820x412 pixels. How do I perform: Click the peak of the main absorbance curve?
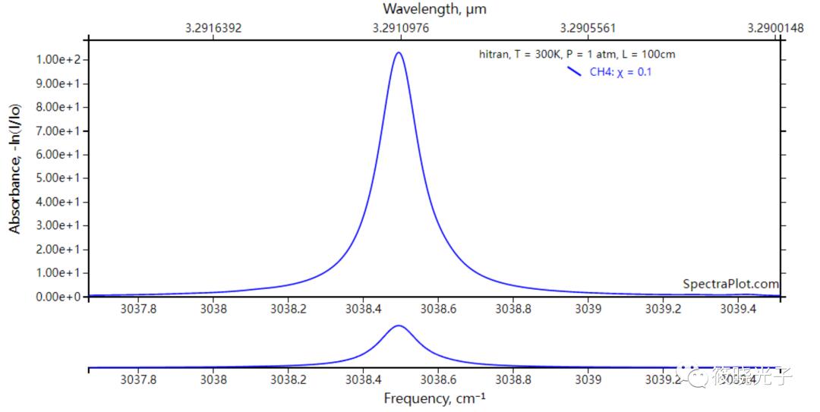click(x=398, y=52)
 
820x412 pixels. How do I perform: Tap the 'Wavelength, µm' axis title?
click(x=434, y=9)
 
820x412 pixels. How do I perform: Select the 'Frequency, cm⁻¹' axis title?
click(x=434, y=398)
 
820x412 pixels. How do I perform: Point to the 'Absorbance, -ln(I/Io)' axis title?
click(x=14, y=169)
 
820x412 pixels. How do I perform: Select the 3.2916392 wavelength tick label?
click(x=213, y=28)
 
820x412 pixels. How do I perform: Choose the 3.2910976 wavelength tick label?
click(x=401, y=28)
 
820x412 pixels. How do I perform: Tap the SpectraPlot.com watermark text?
click(x=730, y=284)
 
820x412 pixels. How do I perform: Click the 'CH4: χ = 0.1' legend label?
click(x=621, y=72)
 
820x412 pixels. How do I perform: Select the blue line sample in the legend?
click(x=575, y=72)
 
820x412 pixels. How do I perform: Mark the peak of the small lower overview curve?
click(x=398, y=326)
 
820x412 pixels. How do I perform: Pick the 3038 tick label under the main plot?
click(x=213, y=310)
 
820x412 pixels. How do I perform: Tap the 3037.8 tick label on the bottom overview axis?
click(x=139, y=380)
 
